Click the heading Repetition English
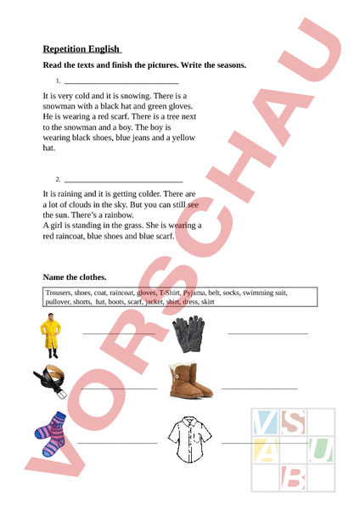point(82,49)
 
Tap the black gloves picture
point(188,334)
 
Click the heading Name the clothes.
point(75,277)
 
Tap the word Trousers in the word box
point(61,293)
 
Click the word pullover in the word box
point(60,301)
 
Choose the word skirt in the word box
point(207,301)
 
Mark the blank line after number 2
point(123,182)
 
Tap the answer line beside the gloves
point(267,333)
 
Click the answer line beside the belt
point(120,388)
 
